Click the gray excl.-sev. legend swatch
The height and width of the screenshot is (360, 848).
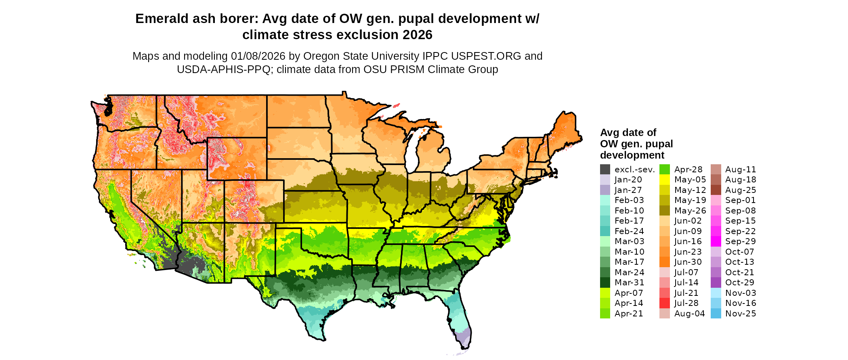605,170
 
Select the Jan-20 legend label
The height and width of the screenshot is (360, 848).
628,180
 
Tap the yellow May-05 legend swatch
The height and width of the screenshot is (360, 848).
665,180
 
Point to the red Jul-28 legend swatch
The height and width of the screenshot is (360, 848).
665,303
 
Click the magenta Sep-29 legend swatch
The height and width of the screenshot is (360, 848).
716,241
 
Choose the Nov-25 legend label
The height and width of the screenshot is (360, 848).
741,314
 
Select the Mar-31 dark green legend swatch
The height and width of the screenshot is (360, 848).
605,283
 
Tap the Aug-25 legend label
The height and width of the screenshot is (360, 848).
741,190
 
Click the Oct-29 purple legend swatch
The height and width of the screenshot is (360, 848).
716,283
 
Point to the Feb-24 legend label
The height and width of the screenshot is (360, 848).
629,231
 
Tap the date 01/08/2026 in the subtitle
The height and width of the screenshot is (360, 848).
258,56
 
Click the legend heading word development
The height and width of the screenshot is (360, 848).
632,155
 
